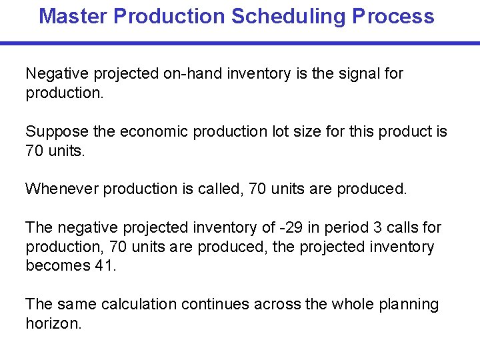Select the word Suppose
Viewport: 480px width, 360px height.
point(55,131)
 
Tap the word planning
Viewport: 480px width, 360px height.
point(409,305)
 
